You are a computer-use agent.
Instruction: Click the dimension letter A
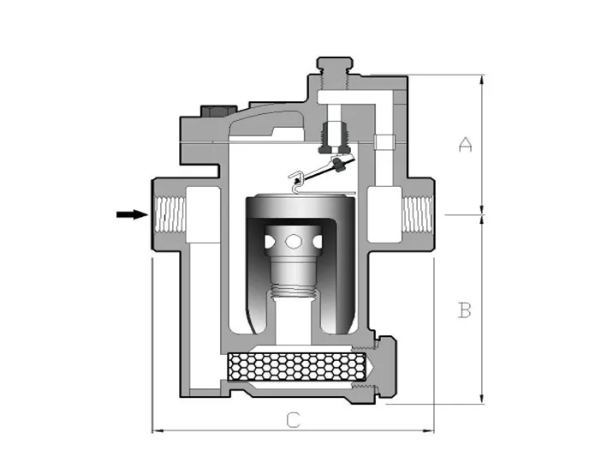pyautogui.click(x=465, y=145)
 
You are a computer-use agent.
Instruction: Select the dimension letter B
pyautogui.click(x=465, y=310)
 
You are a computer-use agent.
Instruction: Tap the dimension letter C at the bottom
pyautogui.click(x=293, y=419)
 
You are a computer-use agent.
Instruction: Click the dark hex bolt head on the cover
pyautogui.click(x=212, y=112)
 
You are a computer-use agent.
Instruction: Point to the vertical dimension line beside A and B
pyautogui.click(x=483, y=240)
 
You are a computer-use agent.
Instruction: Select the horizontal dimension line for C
pyautogui.click(x=293, y=431)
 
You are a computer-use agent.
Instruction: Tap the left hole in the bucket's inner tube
pyautogui.click(x=273, y=243)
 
